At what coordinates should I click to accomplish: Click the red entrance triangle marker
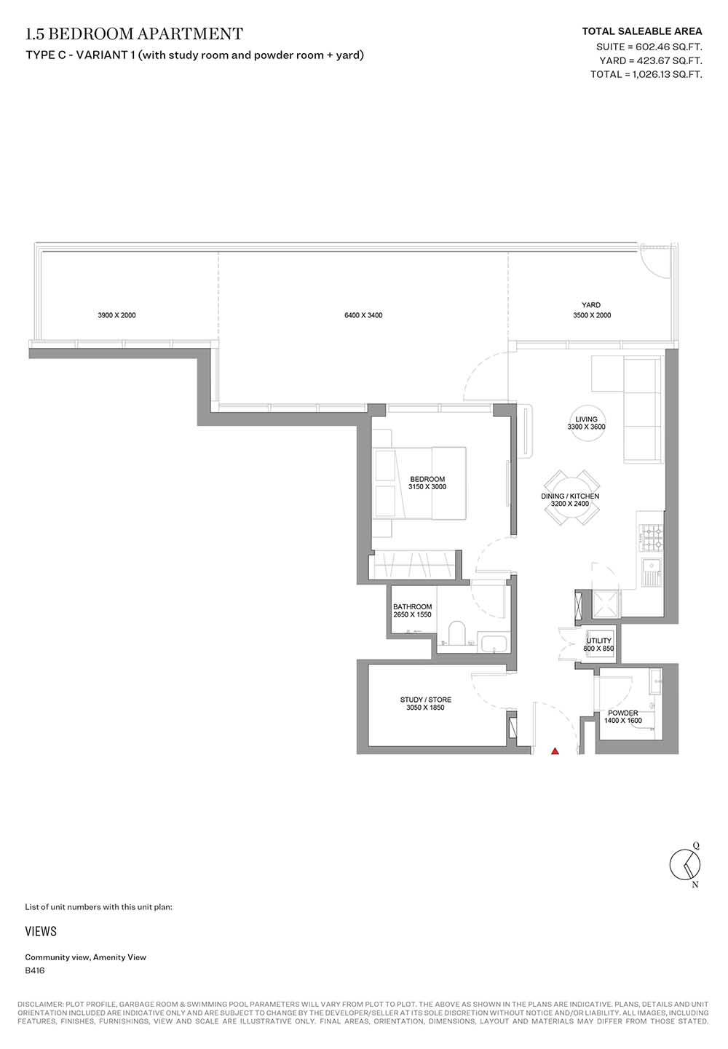(x=555, y=752)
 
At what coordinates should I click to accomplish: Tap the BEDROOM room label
(x=427, y=479)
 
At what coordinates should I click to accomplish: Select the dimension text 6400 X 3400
(x=363, y=315)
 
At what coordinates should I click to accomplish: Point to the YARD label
(x=591, y=305)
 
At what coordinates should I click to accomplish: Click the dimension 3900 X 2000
(x=116, y=315)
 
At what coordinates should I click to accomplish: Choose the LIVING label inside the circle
(x=586, y=419)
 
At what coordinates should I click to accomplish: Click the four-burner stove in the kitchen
(x=651, y=538)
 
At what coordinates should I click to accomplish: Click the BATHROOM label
(x=412, y=607)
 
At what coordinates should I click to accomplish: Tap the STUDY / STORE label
(x=425, y=700)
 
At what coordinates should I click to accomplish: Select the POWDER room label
(x=622, y=713)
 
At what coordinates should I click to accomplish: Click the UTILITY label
(x=598, y=641)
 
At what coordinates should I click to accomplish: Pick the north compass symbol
(x=686, y=866)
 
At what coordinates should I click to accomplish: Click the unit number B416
(x=35, y=971)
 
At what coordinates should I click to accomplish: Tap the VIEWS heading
(x=41, y=932)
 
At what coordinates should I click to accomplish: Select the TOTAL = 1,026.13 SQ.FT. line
(x=646, y=74)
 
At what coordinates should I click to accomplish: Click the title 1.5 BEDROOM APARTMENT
(x=135, y=33)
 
